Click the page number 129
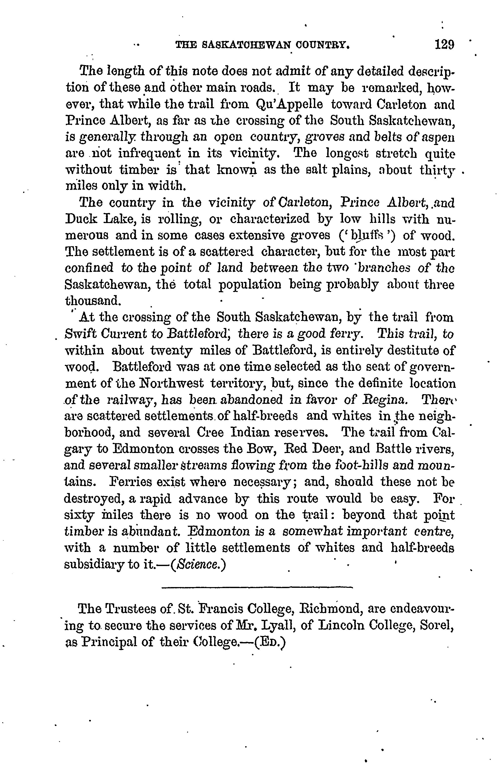(x=444, y=44)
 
